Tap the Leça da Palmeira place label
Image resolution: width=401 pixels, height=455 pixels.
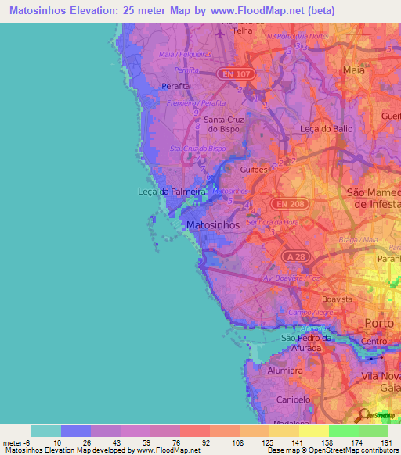[171, 192]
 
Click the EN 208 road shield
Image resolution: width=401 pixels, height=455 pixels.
[286, 203]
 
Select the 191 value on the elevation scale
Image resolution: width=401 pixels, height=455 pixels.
[385, 443]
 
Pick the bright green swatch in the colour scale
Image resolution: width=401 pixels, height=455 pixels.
[343, 431]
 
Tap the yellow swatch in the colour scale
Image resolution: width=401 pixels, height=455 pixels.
[314, 431]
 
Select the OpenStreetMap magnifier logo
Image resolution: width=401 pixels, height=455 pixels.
[363, 415]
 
